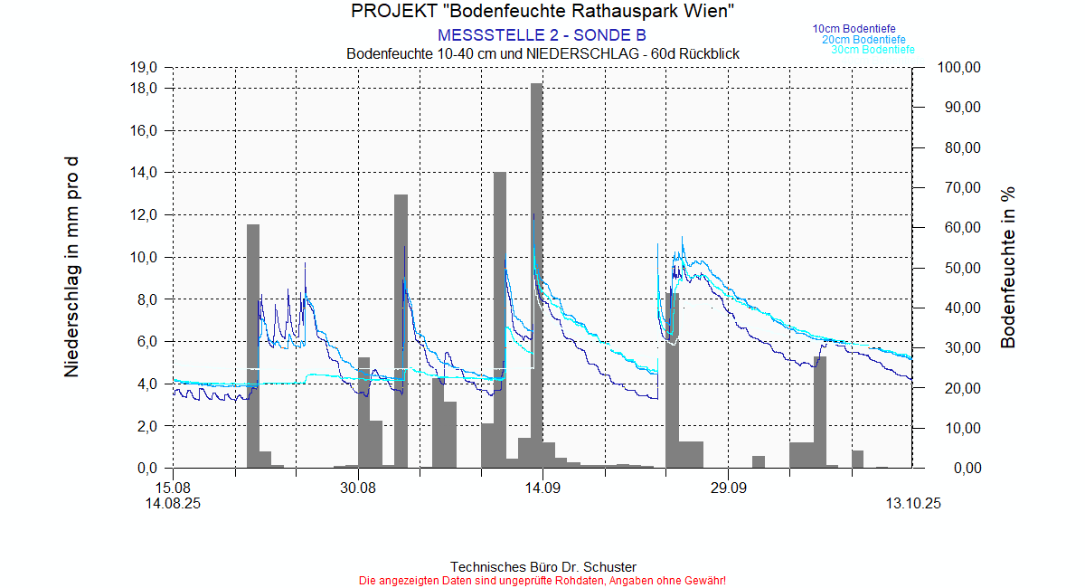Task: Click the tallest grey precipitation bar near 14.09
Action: [x=536, y=271]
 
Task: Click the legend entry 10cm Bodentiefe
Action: [x=854, y=29]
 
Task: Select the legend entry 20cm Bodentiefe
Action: [x=863, y=40]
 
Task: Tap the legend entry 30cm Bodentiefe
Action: [x=873, y=50]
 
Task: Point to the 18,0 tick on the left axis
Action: [x=146, y=89]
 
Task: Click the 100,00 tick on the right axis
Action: [x=960, y=68]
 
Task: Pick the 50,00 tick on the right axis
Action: [x=960, y=268]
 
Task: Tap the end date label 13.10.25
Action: [x=912, y=504]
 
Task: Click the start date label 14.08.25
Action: [x=173, y=504]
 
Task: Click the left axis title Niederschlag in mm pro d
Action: [x=71, y=268]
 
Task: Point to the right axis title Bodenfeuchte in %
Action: [x=1009, y=268]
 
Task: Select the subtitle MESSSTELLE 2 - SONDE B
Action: [x=542, y=35]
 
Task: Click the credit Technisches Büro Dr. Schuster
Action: [x=542, y=567]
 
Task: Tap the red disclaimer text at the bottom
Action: [x=542, y=580]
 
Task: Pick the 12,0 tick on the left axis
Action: [x=146, y=215]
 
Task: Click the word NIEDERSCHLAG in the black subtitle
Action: [x=573, y=54]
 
